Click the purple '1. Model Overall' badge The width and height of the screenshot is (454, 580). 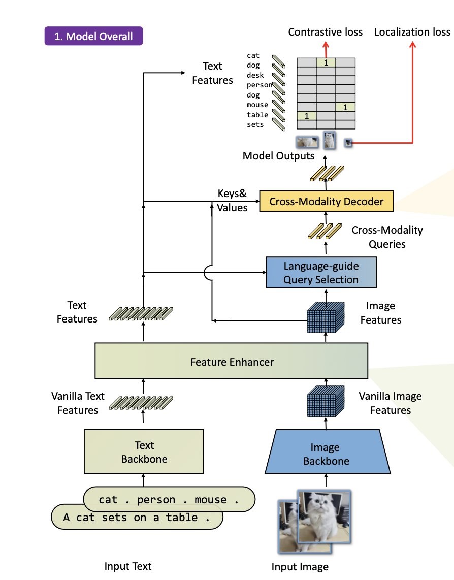(93, 36)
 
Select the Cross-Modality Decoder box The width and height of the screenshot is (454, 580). (326, 202)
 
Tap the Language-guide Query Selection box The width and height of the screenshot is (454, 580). (321, 273)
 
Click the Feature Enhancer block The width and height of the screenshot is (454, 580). (232, 362)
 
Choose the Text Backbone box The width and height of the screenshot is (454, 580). (144, 452)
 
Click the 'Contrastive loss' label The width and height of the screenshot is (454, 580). (326, 32)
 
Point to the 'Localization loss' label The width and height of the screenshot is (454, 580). (412, 32)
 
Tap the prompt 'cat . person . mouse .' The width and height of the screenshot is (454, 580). (169, 499)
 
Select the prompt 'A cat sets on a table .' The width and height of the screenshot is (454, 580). (137, 518)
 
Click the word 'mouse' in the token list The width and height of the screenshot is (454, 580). (257, 105)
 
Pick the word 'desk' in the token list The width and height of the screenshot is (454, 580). (255, 75)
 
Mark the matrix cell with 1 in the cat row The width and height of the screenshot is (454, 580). (326, 62)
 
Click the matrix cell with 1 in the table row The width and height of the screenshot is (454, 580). (306, 116)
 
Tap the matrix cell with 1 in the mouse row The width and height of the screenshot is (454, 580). (345, 107)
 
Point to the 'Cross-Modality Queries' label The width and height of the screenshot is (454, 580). (387, 237)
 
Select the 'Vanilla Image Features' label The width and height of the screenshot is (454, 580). (390, 403)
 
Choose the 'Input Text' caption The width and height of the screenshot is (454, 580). (128, 566)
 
